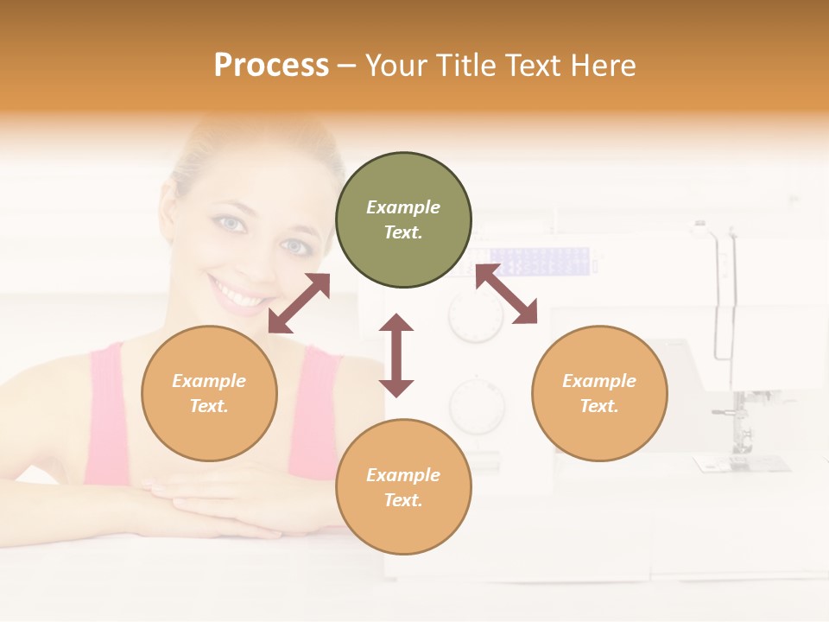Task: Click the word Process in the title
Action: click(271, 65)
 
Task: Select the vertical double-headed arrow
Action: click(396, 355)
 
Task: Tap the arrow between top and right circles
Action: click(506, 294)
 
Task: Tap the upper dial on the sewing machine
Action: click(475, 317)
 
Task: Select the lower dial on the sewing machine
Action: click(477, 406)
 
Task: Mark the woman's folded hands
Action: click(225, 505)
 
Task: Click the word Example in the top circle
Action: click(403, 207)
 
